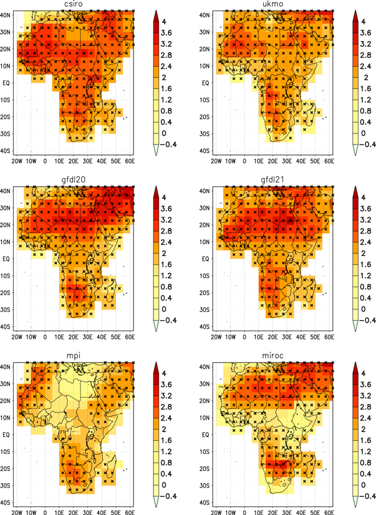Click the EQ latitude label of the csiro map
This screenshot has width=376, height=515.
point(8,82)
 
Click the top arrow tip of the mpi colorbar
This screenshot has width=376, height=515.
point(158,362)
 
